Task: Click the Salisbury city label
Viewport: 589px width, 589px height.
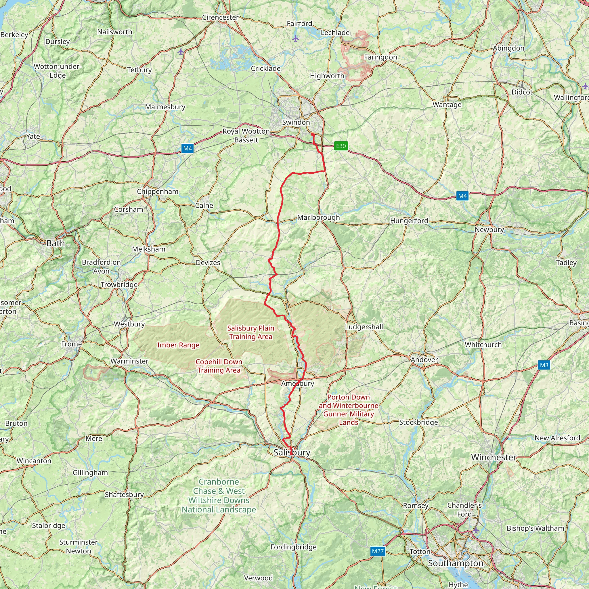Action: click(x=291, y=452)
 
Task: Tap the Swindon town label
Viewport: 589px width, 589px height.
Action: click(x=296, y=122)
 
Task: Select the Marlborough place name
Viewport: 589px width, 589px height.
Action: click(x=318, y=217)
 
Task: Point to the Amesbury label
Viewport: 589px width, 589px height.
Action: click(x=298, y=384)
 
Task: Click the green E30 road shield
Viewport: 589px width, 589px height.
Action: click(x=341, y=146)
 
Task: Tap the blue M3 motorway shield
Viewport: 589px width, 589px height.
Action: click(x=544, y=365)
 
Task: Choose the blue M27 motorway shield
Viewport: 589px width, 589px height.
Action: click(x=377, y=551)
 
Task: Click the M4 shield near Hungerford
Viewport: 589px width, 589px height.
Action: click(x=462, y=196)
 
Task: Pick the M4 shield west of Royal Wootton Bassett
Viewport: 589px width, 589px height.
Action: click(x=187, y=148)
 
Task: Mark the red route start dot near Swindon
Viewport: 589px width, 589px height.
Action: click(x=313, y=134)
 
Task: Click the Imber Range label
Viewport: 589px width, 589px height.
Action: click(x=178, y=345)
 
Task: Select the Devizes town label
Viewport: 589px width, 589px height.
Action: click(x=208, y=263)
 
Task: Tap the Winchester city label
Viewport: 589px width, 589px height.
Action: click(x=494, y=457)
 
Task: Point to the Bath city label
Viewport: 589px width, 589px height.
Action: click(x=56, y=243)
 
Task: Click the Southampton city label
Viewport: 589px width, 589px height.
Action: click(x=456, y=563)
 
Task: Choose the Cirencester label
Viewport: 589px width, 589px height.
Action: click(x=220, y=17)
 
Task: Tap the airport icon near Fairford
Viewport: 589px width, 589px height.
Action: click(x=295, y=39)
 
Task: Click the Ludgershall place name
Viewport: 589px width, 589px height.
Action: click(x=364, y=327)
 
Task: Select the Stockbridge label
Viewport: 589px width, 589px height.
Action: click(x=418, y=422)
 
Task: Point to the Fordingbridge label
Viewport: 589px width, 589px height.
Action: click(x=293, y=547)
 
